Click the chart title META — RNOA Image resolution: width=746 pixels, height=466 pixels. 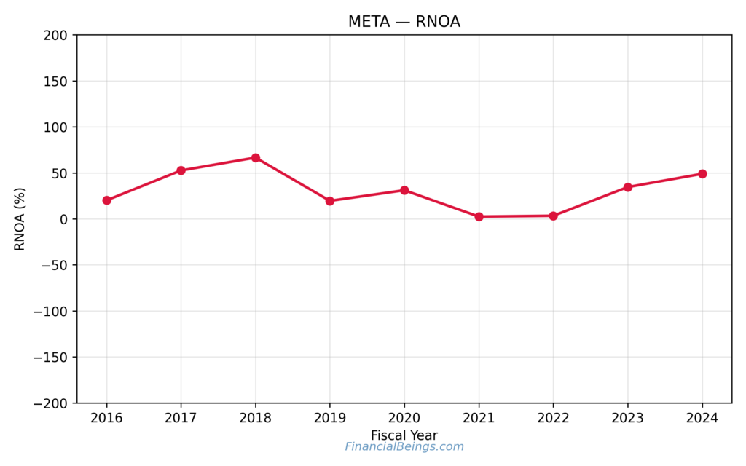[x=404, y=22]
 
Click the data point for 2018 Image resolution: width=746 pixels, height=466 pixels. [x=256, y=158]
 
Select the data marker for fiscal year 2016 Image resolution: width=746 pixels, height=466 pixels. [x=107, y=200]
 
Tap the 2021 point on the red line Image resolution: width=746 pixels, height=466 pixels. [x=479, y=216]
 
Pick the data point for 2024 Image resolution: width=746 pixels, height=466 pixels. [x=702, y=174]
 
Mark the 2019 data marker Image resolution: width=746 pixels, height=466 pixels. [x=330, y=201]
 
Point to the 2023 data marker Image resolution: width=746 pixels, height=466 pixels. [x=628, y=187]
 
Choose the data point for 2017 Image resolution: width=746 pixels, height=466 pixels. [x=181, y=170]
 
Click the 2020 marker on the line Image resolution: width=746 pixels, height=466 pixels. [x=404, y=190]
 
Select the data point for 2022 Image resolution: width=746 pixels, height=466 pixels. [x=553, y=216]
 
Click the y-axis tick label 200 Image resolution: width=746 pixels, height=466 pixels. [x=56, y=35]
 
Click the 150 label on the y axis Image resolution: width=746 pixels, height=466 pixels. [x=56, y=82]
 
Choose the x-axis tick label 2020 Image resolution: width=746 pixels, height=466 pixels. [x=404, y=418]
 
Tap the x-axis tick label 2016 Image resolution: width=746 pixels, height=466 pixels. [x=107, y=418]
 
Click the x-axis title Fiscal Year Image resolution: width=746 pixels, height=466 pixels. [x=404, y=435]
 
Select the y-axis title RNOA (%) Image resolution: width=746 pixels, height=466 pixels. [x=20, y=219]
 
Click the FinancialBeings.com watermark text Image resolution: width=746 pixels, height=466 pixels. [x=404, y=446]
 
